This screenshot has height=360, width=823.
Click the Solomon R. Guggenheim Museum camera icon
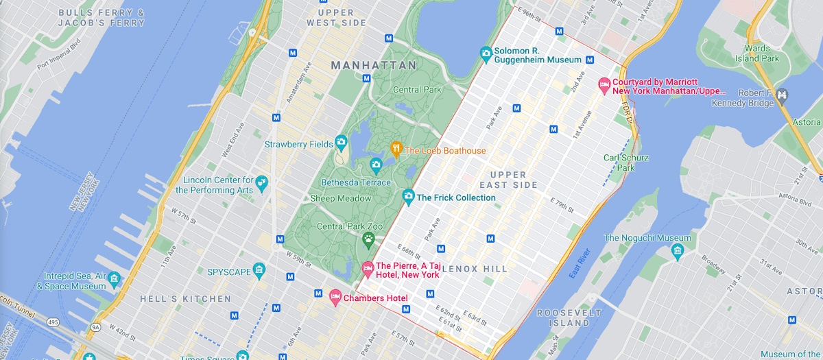coord(486,53)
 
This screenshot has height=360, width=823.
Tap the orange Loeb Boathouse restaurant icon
coord(396,148)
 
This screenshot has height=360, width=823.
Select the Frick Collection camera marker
coord(408,197)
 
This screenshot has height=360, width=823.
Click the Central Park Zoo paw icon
coord(368,239)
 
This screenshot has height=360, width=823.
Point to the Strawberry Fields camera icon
coord(341,143)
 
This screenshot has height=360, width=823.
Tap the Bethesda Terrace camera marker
coord(375,165)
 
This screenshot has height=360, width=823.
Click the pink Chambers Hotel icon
coord(335,297)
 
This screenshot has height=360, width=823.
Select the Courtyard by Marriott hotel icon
coord(604,85)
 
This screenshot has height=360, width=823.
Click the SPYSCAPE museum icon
coord(259,272)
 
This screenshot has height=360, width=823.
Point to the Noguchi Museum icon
coord(678,250)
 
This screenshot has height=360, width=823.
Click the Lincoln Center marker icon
coord(262,183)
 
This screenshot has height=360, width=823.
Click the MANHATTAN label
coord(373,65)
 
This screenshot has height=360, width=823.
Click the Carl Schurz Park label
coord(625,163)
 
